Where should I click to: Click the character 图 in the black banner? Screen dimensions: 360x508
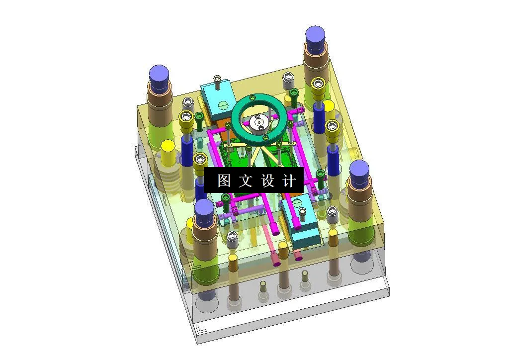point(224,180)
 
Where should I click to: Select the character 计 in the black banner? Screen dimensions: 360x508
point(289,180)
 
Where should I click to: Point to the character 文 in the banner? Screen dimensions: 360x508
point(246,180)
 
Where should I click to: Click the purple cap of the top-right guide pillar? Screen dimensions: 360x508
point(315,36)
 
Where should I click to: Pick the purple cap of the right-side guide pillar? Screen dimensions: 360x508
point(359,170)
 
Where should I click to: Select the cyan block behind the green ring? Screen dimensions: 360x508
point(217,97)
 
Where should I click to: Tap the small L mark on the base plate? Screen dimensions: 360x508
point(200,329)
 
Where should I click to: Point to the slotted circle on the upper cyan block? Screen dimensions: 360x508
point(223,105)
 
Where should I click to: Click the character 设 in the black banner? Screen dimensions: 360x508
point(267,180)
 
